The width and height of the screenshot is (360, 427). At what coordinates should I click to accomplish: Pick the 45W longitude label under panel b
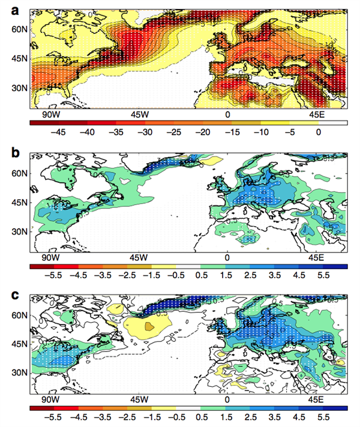[139, 257]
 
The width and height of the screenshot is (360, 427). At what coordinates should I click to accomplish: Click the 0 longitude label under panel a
[227, 114]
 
